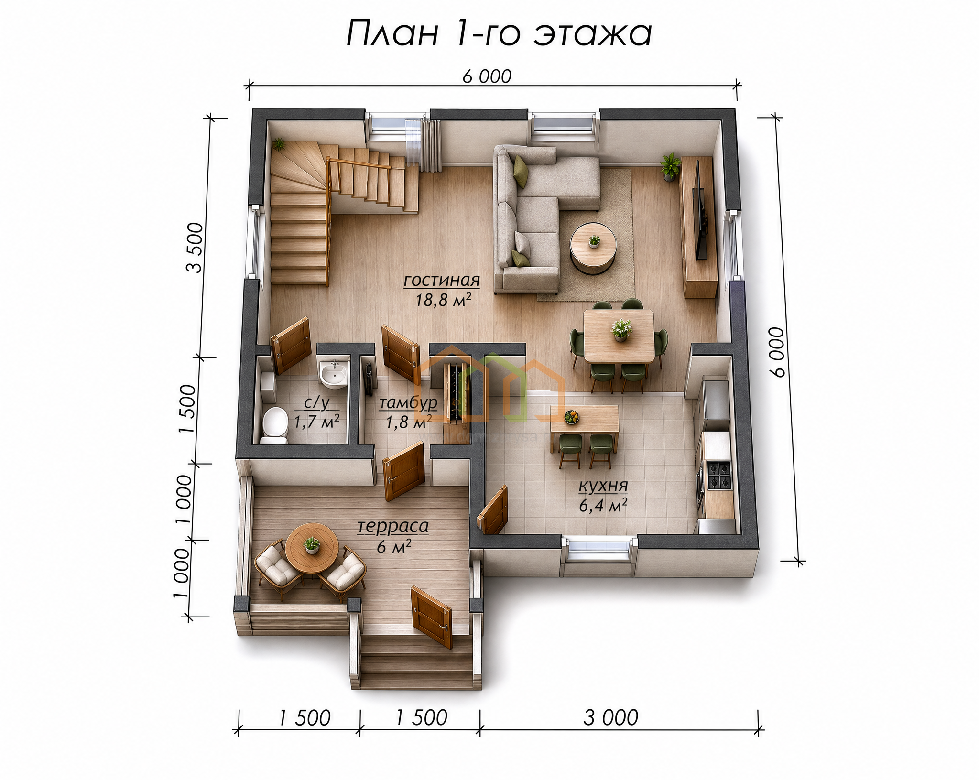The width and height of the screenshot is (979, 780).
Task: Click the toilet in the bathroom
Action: (x=274, y=425)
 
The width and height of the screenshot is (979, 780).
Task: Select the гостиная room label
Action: (x=441, y=281)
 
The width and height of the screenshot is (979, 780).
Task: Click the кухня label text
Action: (x=603, y=486)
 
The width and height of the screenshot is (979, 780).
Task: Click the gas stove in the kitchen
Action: (x=719, y=475)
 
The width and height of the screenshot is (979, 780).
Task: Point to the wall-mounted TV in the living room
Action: (x=701, y=210)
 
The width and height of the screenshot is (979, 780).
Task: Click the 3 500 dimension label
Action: (x=195, y=247)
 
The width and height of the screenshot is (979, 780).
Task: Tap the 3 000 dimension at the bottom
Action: (x=610, y=718)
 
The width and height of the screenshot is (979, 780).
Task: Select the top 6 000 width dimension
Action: (x=487, y=76)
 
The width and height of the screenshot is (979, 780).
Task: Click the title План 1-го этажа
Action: (x=499, y=33)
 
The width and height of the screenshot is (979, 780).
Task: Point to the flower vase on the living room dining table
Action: (x=621, y=330)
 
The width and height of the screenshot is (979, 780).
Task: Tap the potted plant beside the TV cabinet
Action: (x=670, y=167)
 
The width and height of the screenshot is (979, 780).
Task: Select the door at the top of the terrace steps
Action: (x=432, y=617)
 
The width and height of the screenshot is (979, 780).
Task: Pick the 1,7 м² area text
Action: (x=316, y=422)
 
